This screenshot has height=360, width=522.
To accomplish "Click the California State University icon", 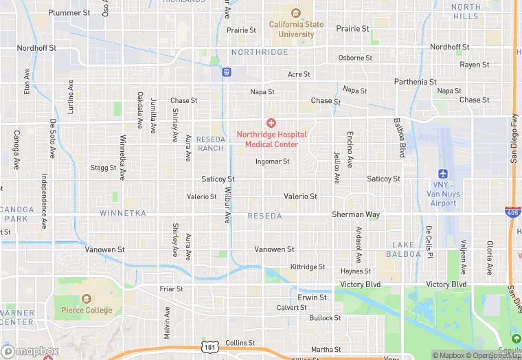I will click(296, 13).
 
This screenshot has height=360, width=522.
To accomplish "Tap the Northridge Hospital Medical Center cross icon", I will click(271, 123).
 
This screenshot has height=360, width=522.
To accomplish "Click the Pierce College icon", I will click(86, 300).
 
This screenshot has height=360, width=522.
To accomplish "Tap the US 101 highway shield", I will click(208, 348).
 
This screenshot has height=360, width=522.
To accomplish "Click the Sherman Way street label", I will click(356, 215).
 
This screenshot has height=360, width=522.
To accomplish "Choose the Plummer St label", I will click(69, 13).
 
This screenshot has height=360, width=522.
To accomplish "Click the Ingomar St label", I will click(272, 162).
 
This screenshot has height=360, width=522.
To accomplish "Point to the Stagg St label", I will click(104, 167).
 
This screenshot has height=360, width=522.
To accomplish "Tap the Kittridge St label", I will click(308, 267).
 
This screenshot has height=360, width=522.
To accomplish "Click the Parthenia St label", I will click(415, 82).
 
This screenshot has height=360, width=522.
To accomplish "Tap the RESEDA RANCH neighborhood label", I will click(210, 144).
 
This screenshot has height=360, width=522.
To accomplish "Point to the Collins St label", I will click(240, 343).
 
